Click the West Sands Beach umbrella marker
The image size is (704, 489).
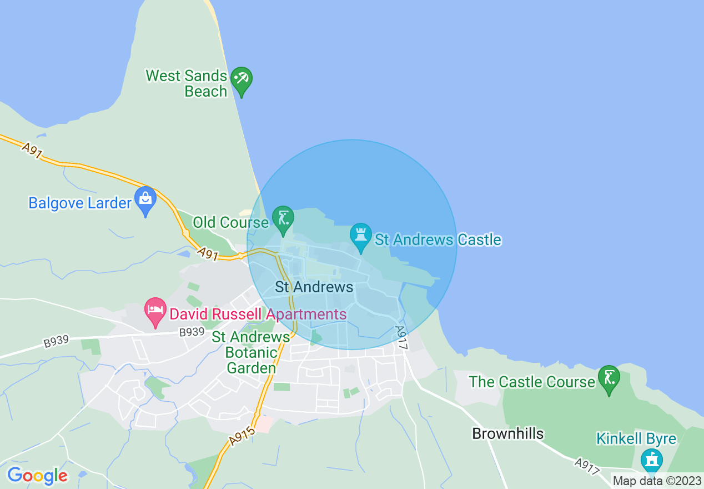tap(242, 79)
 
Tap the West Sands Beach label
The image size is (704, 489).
tap(187, 83)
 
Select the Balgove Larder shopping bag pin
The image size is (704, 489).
tap(145, 199)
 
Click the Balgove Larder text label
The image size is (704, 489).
tap(80, 203)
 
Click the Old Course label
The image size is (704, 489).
tap(230, 223)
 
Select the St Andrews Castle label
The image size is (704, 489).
tap(438, 240)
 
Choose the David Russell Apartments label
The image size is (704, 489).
tap(258, 315)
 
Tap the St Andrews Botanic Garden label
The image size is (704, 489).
tap(251, 352)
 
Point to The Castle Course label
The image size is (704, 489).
tap(532, 382)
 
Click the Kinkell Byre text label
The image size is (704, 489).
tap(636, 438)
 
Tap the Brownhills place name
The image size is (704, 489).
tap(507, 433)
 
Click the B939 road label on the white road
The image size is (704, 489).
tap(192, 332)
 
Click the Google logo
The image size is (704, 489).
tap(37, 476)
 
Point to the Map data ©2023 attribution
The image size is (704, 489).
tap(657, 481)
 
